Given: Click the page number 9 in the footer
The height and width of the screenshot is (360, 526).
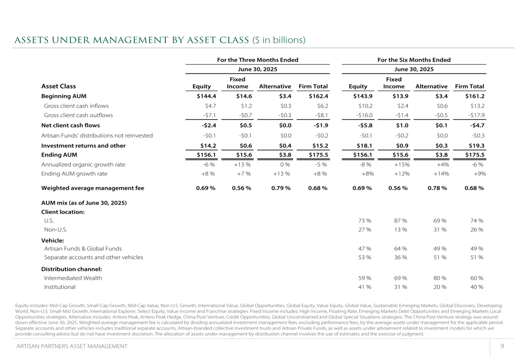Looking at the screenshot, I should point(502,346).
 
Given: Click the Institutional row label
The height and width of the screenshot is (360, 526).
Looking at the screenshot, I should point(59,287).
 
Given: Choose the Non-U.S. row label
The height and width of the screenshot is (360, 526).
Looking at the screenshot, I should point(55,230).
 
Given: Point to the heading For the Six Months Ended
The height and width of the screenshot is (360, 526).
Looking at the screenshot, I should point(414,60).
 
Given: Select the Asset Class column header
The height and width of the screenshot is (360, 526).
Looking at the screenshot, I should point(58,86).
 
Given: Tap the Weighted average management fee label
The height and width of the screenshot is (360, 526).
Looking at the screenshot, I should point(93,188).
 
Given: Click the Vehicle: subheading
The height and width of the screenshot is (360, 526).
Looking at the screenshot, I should point(53,240).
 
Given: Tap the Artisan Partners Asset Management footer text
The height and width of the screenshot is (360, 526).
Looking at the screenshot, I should point(72,346).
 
